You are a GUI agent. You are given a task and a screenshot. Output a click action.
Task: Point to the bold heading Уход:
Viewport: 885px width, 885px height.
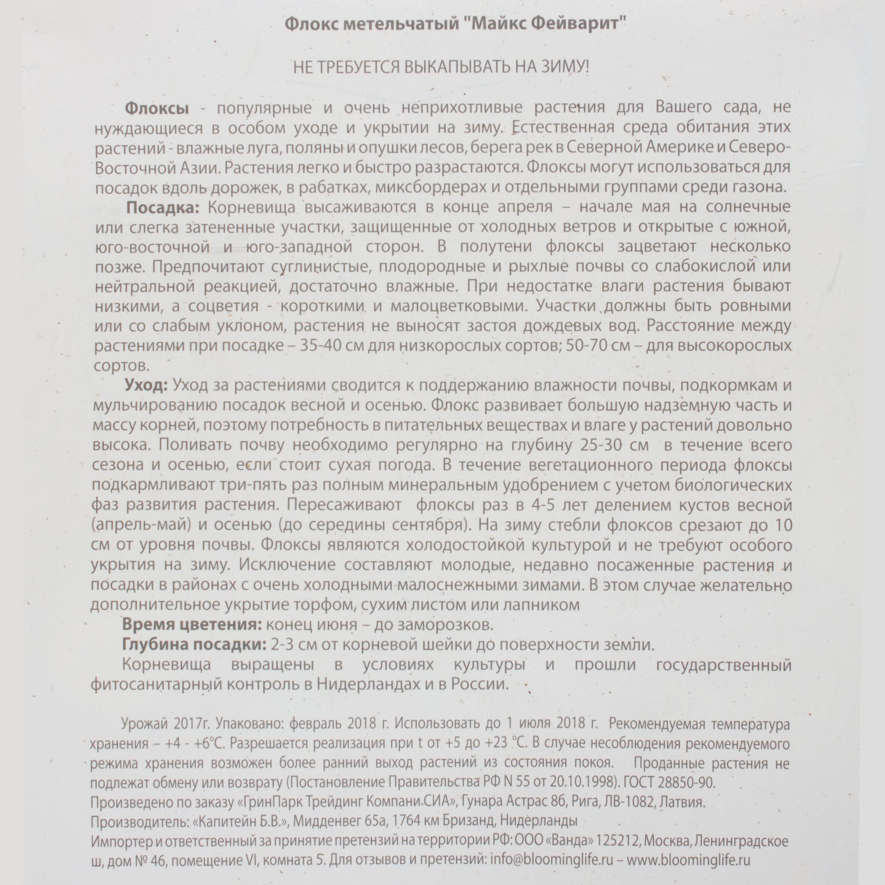[x=146, y=385]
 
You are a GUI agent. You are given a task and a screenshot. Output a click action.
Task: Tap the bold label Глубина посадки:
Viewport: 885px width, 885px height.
[x=194, y=645]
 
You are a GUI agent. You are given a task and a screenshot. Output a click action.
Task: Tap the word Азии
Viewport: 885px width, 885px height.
[x=198, y=168]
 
